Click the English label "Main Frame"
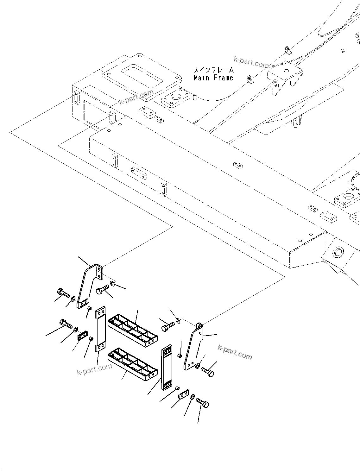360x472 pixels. pos(213,78)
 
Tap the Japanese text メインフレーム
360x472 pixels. pos(214,70)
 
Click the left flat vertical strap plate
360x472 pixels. pos(100,329)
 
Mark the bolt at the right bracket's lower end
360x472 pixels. pos(207,372)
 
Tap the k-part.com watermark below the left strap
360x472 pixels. pos(94,369)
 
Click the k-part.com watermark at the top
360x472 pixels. pos(251,62)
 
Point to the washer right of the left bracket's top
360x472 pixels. pos(113,282)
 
